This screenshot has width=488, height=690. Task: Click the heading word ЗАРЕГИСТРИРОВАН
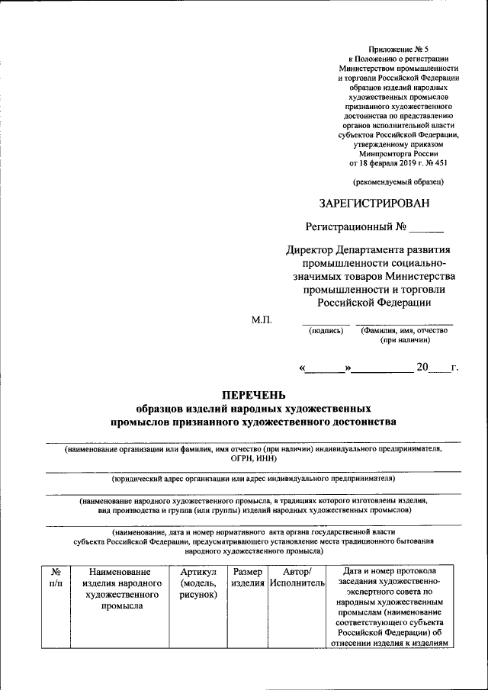[x=374, y=203]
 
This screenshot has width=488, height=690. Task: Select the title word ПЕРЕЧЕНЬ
[x=252, y=395]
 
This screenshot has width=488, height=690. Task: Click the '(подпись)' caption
[x=325, y=331]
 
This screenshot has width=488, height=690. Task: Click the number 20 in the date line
[x=422, y=368]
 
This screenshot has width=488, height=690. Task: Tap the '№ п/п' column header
[x=56, y=577]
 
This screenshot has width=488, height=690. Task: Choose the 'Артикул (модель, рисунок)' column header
[x=199, y=582]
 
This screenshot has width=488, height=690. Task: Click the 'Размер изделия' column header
[x=248, y=577]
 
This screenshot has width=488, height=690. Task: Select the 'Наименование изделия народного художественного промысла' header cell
[x=125, y=588]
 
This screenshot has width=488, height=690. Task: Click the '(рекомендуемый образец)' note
[x=397, y=181]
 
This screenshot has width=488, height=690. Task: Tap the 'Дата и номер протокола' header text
[x=389, y=571]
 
